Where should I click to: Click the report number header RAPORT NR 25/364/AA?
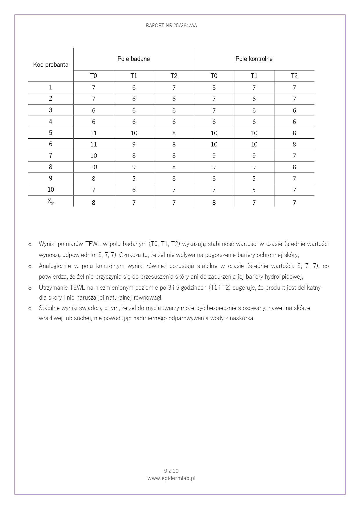click(171, 26)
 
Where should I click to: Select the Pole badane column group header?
click(133, 59)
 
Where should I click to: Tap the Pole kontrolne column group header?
click(254, 59)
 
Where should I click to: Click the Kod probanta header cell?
click(51, 65)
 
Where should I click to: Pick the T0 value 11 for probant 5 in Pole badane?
click(93, 133)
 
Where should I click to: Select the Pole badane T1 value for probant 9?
click(134, 179)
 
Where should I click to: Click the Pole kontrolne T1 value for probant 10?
click(254, 190)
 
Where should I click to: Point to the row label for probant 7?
click(51, 156)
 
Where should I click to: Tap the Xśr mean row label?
click(51, 202)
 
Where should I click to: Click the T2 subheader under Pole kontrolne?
click(294, 76)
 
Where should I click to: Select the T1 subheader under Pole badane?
click(134, 76)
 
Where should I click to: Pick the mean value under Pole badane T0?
click(93, 203)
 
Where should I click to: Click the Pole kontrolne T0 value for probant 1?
click(214, 88)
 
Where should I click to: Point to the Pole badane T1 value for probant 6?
click(134, 144)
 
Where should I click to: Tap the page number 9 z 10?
click(171, 471)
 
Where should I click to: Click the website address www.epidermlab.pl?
click(171, 478)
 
